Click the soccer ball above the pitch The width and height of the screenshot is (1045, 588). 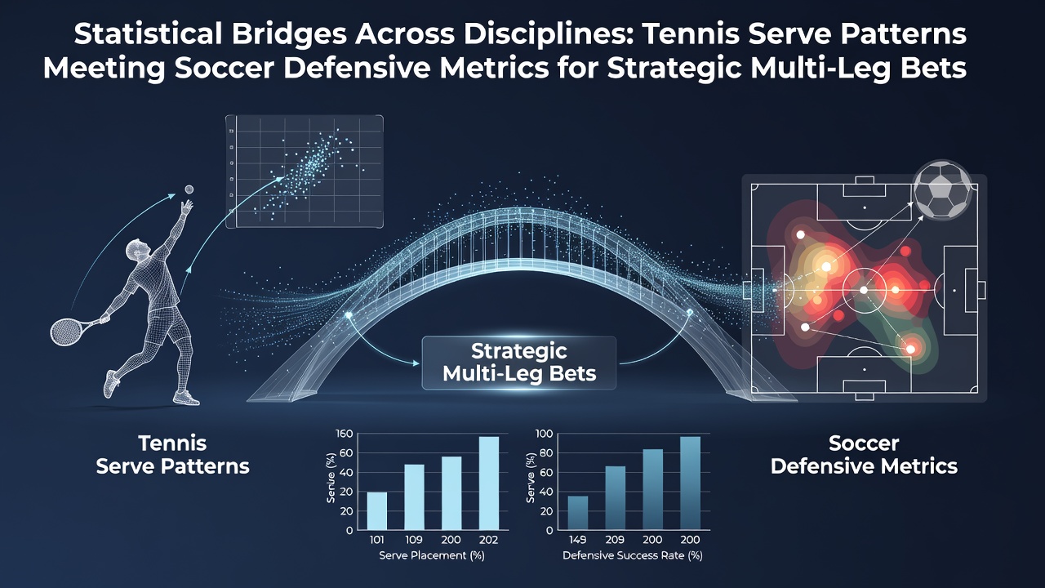pos(942,189)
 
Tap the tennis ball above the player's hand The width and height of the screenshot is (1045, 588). pos(189,189)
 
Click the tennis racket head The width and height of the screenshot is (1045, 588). pos(66,331)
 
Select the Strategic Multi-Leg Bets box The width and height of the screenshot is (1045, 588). pos(518,363)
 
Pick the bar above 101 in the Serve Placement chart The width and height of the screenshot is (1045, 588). pos(377,511)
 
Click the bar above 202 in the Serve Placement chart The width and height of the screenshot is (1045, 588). pos(489,483)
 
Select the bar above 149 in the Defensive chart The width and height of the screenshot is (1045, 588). pos(577,513)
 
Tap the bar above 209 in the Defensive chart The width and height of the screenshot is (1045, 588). pos(616,498)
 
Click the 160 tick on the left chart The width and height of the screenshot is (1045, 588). pos(345,434)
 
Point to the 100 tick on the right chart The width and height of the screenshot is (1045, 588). pos(544,434)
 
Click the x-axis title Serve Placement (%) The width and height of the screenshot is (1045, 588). pos(432,555)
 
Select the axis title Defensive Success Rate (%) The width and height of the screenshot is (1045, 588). pos(632,555)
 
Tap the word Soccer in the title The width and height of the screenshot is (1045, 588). pos(224,68)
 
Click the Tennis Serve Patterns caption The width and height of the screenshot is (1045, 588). pos(172,455)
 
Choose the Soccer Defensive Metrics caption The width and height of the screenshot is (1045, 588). pos(864,455)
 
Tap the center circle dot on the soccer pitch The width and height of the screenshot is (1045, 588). pos(864,290)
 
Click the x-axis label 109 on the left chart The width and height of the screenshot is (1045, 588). pos(414,540)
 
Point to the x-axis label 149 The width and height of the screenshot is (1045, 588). pos(577,540)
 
